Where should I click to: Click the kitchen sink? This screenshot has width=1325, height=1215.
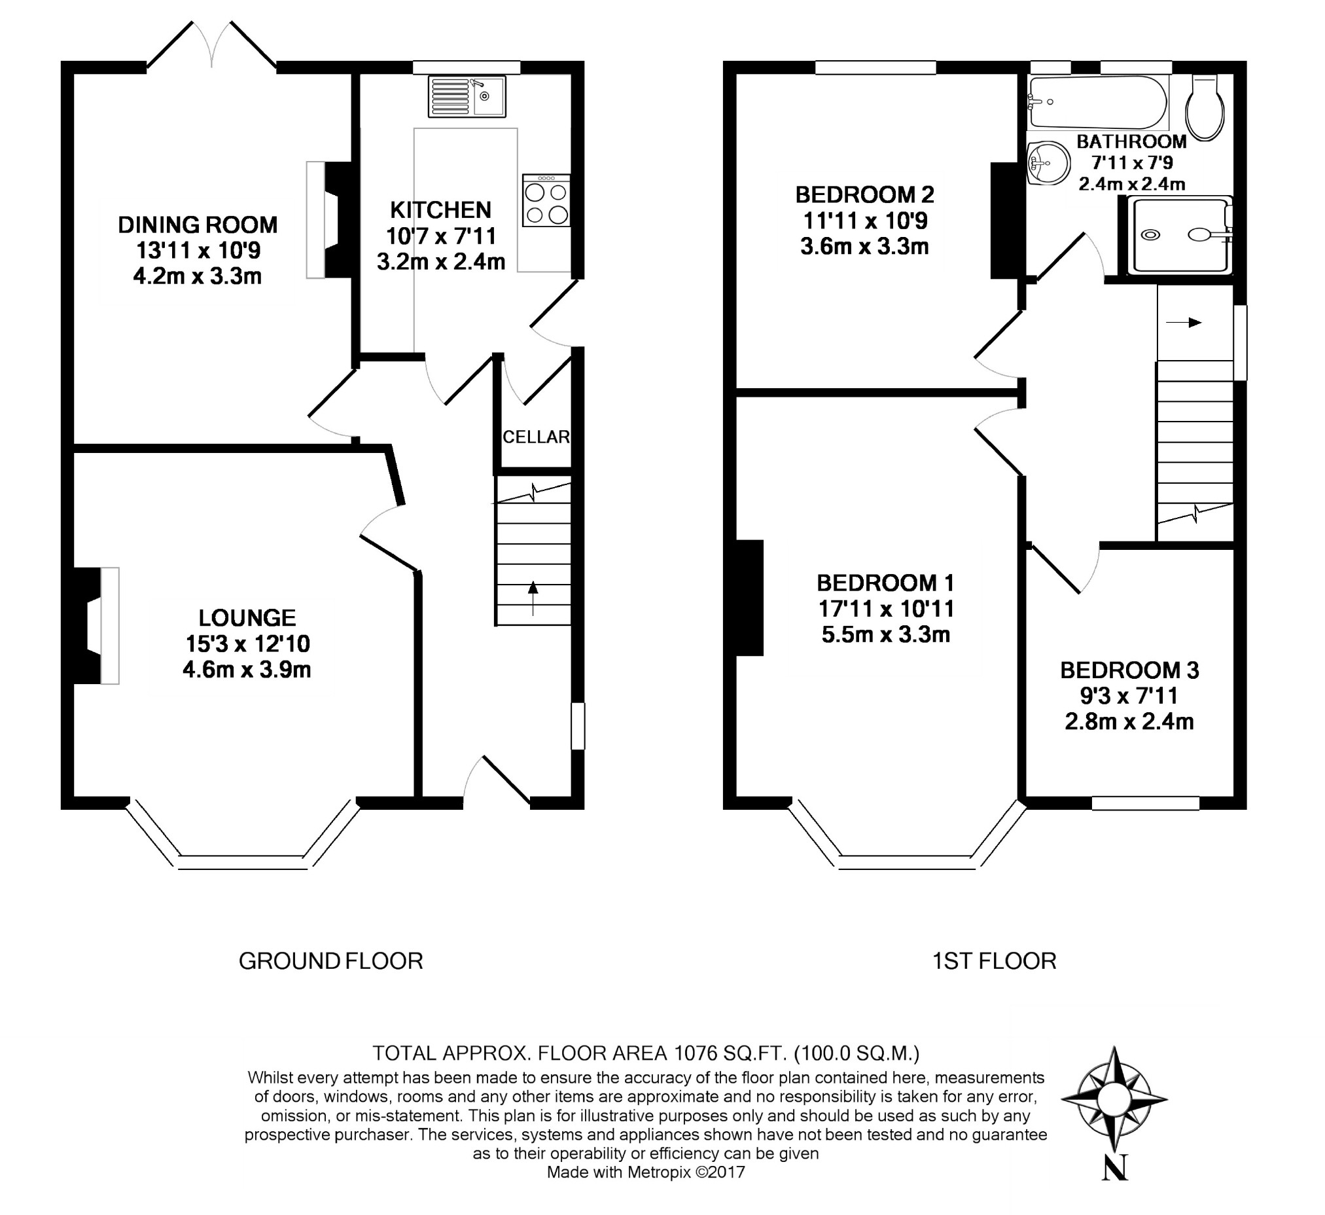(x=467, y=97)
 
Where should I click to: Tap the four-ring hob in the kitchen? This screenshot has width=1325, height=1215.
(x=546, y=200)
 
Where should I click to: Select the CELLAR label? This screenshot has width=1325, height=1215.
(x=537, y=437)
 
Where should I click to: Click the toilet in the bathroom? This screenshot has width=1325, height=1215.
(x=1205, y=107)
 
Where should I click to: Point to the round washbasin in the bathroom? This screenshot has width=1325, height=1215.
(x=1048, y=162)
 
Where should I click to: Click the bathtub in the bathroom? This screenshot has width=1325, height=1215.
(x=1097, y=102)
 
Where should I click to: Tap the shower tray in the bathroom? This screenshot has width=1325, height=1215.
(x=1180, y=235)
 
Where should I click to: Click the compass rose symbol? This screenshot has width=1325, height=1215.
(x=1114, y=1098)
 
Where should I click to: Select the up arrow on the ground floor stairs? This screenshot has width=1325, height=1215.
(x=533, y=598)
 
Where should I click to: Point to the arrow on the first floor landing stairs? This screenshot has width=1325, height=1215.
(x=1184, y=323)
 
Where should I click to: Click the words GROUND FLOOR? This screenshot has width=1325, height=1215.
(x=330, y=961)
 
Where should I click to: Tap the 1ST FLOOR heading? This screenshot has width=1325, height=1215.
(x=995, y=961)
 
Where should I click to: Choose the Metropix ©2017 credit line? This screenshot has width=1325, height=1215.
(x=646, y=1172)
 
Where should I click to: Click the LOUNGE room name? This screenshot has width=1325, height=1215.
(x=247, y=617)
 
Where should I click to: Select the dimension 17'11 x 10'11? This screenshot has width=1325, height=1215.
(x=886, y=609)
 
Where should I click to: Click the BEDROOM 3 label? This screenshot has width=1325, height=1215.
(x=1129, y=670)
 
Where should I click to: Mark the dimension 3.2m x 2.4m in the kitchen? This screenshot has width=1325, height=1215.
(x=441, y=262)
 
